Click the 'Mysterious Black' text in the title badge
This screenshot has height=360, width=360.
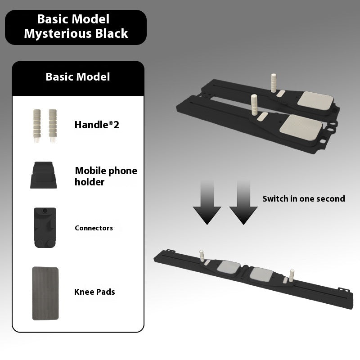point(76,34)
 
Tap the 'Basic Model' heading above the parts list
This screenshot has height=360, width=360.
point(78,76)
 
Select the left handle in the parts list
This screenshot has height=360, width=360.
point(37,126)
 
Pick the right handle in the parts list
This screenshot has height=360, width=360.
point(53,126)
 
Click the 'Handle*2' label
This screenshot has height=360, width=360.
point(97,125)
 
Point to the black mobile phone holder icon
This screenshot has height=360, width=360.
point(43,175)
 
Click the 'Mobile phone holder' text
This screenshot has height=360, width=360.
point(106,176)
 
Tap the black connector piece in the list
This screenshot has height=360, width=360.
point(45,228)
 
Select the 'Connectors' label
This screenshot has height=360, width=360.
point(94,228)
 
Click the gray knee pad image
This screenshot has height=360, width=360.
point(45,293)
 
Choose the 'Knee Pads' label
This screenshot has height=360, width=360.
point(94,292)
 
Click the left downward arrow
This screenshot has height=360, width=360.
point(207,202)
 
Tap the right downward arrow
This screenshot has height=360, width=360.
point(243,202)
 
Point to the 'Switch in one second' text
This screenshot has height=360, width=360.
point(304,198)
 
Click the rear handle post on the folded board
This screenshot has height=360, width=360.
point(274,83)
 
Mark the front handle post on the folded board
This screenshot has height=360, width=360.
point(254,104)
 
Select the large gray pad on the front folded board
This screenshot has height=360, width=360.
point(301,127)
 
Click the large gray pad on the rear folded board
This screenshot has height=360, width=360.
point(315,100)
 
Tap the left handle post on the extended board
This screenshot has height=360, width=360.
point(202,256)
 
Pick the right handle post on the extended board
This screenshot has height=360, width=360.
point(292,276)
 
